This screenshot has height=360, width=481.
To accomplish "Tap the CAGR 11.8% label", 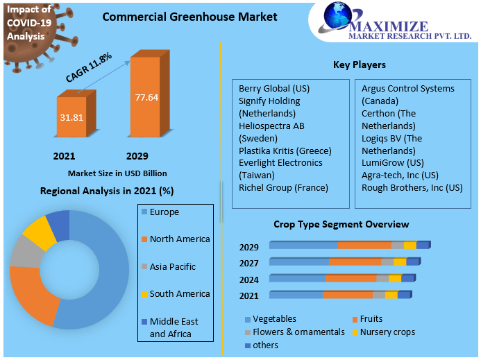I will click(89, 68).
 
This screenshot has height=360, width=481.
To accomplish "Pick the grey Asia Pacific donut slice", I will click(24, 253).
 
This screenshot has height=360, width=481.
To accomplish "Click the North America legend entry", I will click(179, 239).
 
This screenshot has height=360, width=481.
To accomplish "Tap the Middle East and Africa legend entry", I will click(174, 327).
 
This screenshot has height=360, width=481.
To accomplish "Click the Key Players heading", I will click(360, 65).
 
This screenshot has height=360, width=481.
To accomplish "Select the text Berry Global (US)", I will click(273, 89).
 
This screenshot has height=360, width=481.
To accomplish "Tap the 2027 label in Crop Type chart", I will click(249, 264).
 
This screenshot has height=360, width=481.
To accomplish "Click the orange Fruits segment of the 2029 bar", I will click(364, 246).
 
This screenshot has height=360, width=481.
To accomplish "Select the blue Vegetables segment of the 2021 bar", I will click(296, 295).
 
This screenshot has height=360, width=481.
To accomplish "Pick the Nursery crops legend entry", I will click(387, 332).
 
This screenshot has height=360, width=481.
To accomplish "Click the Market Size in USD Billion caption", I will click(117, 173).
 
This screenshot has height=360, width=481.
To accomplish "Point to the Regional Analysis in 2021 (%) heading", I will click(107, 191).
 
